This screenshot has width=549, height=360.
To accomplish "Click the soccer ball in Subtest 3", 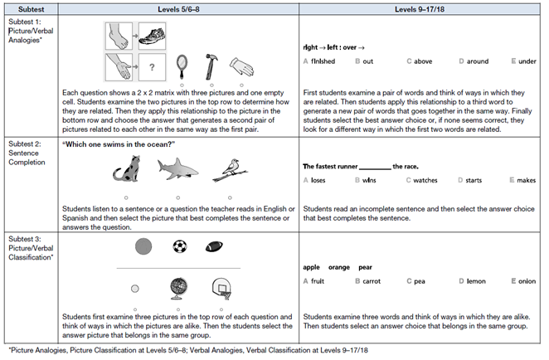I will [x=178, y=246].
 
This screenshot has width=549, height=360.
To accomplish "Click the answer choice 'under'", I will [x=527, y=61].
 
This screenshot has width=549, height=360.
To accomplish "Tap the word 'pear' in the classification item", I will [x=367, y=267].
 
